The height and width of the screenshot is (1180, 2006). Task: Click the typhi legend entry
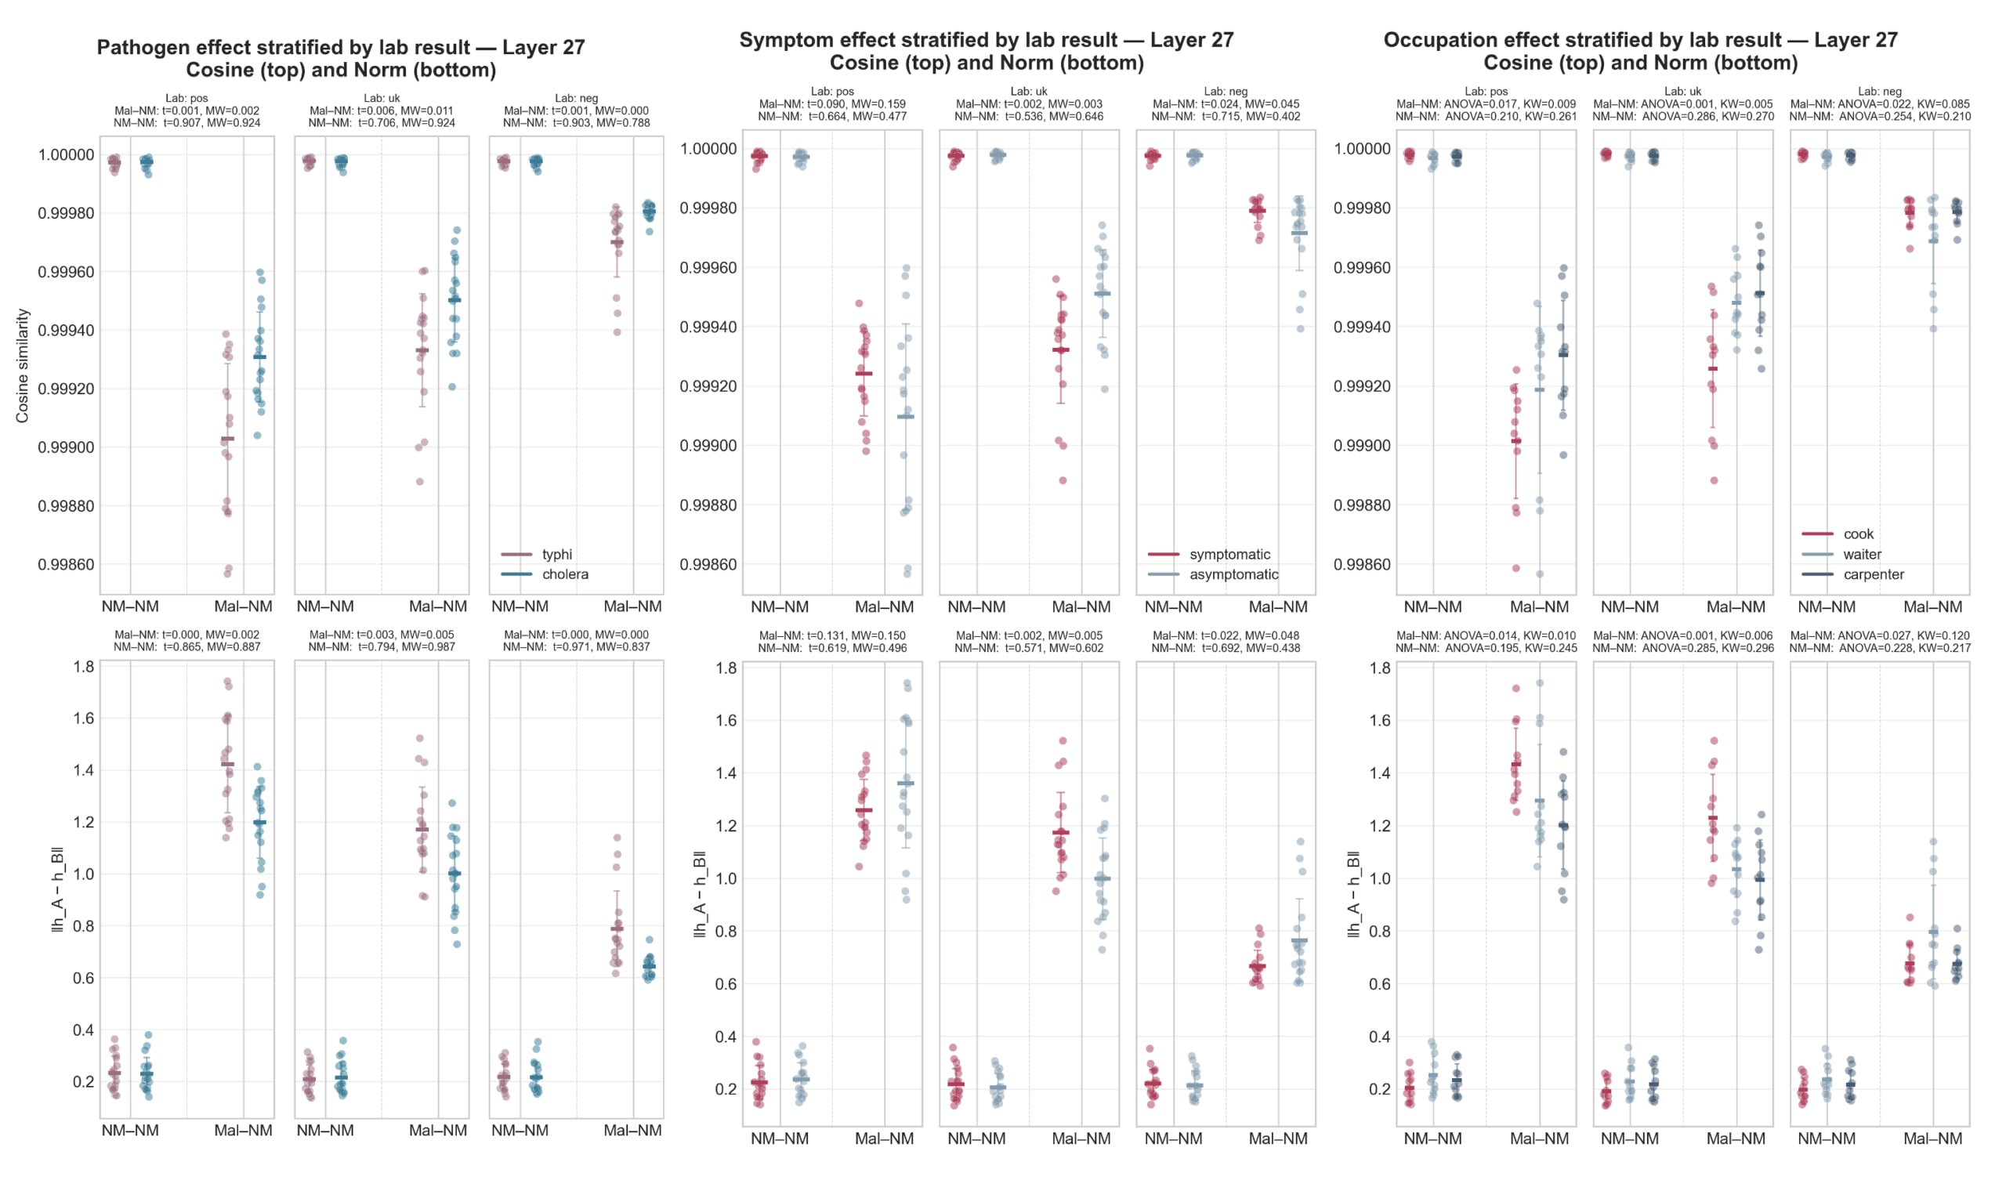[556, 554]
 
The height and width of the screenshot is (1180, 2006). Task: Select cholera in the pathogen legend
[564, 574]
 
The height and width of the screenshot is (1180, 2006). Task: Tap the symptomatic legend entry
[1229, 554]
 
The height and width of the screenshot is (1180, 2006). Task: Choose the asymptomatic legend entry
[1233, 574]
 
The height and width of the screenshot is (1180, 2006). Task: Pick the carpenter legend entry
[1873, 574]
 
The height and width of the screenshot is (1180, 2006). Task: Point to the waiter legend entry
[1862, 554]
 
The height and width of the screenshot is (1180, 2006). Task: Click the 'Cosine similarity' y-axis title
[22, 365]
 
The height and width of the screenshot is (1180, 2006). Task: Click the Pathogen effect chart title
[341, 58]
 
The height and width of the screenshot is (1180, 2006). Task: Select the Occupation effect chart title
[1640, 51]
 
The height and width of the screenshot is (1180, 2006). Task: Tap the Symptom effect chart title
[987, 51]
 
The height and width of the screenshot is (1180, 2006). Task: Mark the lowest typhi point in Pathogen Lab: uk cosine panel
[420, 482]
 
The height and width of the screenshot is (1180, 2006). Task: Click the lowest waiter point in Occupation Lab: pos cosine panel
[1540, 574]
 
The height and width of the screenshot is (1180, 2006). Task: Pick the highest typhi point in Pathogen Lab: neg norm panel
[617, 838]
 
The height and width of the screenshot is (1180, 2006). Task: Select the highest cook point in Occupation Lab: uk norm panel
[1714, 740]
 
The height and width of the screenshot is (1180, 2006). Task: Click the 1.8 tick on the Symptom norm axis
[726, 668]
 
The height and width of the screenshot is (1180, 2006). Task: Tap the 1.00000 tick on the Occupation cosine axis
[1362, 149]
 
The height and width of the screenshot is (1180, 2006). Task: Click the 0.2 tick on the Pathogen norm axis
[84, 1081]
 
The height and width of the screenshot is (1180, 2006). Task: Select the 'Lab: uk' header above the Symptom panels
[1029, 92]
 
